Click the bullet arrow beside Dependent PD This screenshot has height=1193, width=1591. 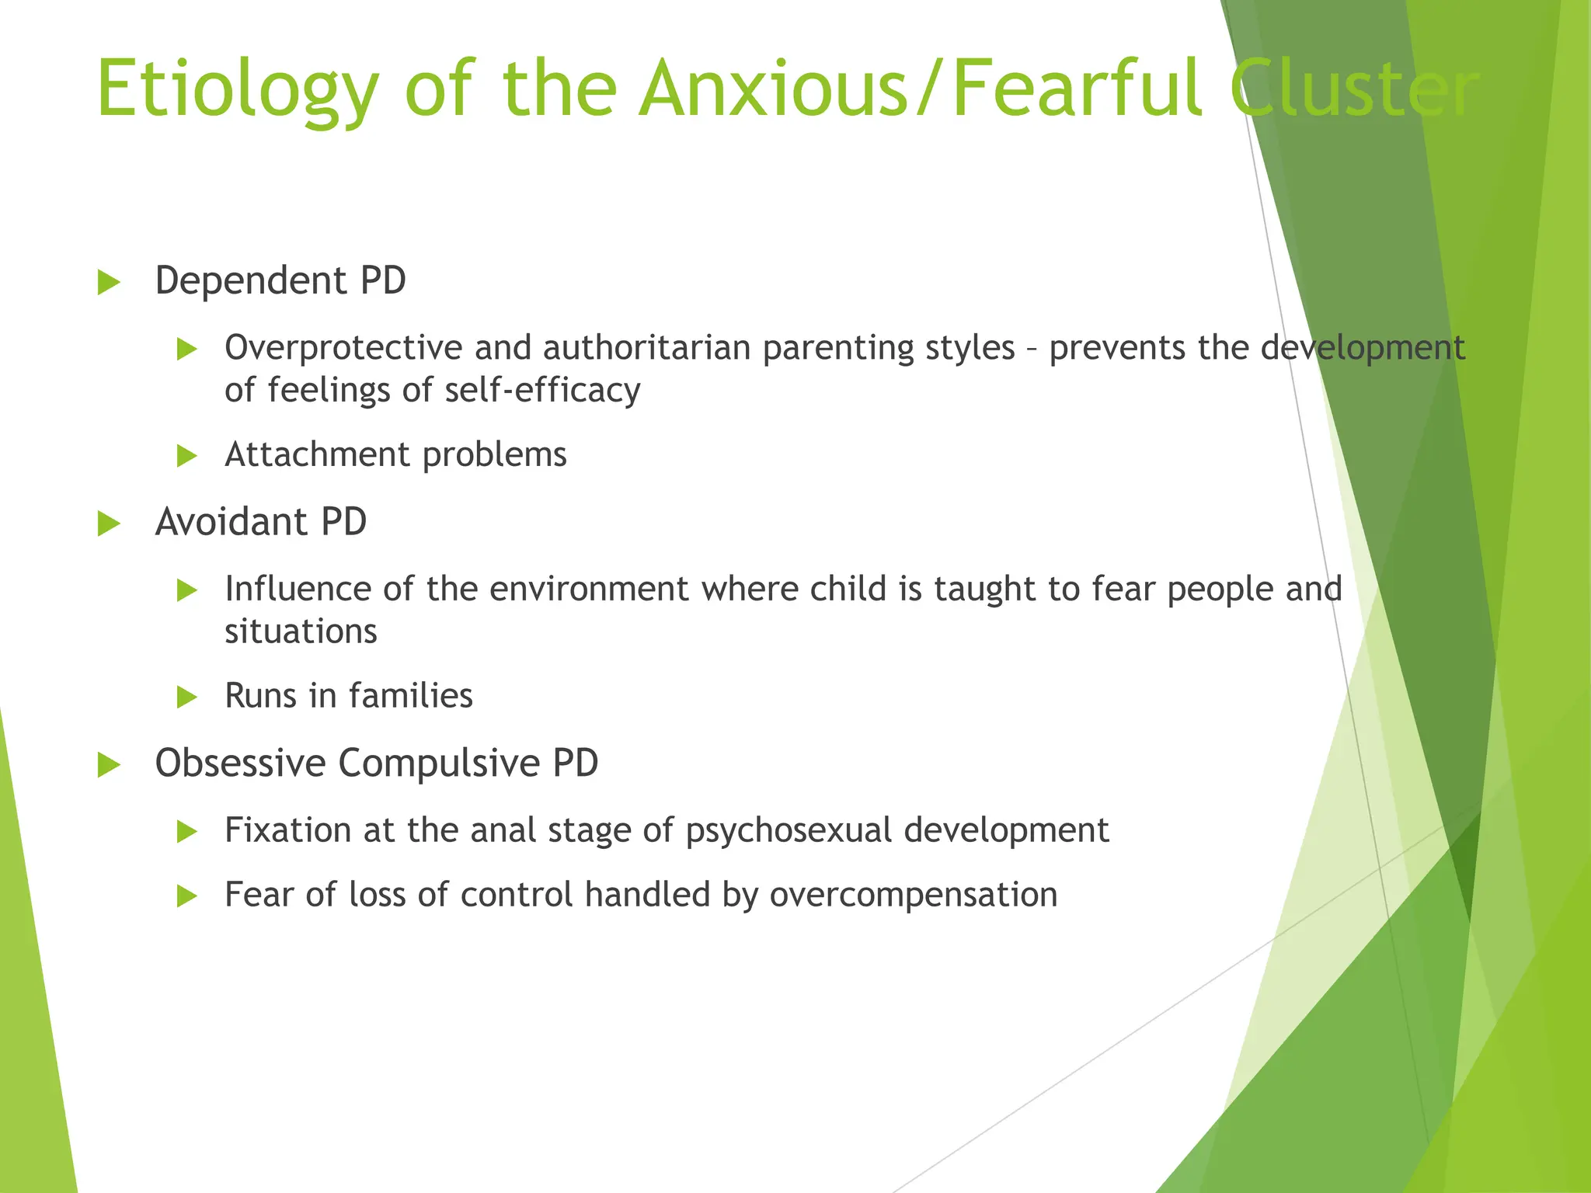[x=110, y=283]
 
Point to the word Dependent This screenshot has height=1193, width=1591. [x=250, y=281]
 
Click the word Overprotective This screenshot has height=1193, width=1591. [x=343, y=348]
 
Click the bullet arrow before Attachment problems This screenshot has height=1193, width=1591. [x=187, y=456]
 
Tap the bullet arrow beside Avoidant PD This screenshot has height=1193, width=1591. [x=110, y=524]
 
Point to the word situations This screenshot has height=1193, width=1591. [x=301, y=631]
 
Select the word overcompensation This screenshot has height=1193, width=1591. [x=914, y=896]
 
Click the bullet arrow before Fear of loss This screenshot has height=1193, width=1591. [x=187, y=898]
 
